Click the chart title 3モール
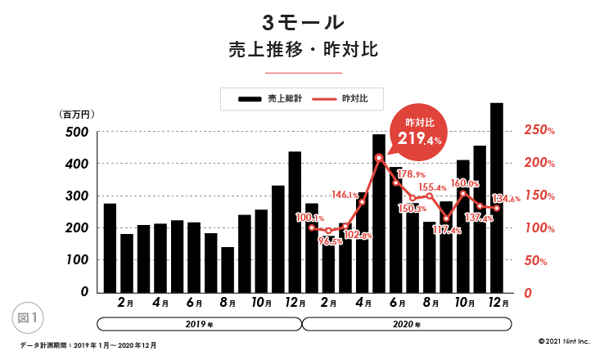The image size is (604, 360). pyautogui.click(x=302, y=20)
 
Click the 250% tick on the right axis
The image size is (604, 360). pyautogui.click(x=540, y=131)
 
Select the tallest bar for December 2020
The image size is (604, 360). pyautogui.click(x=496, y=196)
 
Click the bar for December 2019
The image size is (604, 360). pyautogui.click(x=295, y=221)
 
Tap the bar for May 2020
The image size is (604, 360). pyautogui.click(x=379, y=213)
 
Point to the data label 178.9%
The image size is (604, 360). pyautogui.click(x=411, y=174)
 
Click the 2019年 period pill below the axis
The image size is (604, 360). pyautogui.click(x=200, y=324)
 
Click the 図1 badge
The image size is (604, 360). pyautogui.click(x=29, y=315)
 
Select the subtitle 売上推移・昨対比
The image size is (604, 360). pyautogui.click(x=302, y=49)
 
